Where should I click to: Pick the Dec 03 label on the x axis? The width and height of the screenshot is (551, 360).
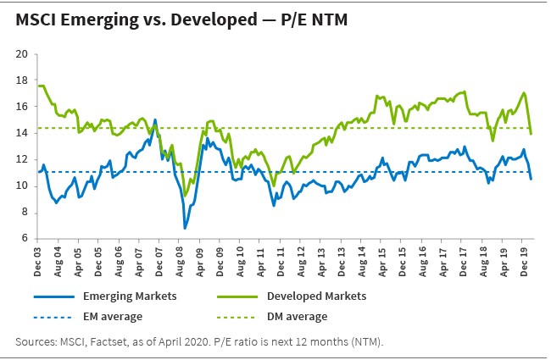click(x=39, y=258)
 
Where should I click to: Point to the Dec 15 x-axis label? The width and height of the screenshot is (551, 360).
click(x=401, y=258)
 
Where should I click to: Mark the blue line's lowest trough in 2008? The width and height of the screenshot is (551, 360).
click(x=185, y=229)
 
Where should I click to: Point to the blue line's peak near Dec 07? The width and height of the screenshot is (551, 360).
click(x=155, y=119)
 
